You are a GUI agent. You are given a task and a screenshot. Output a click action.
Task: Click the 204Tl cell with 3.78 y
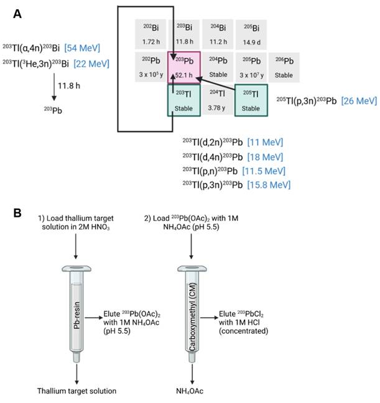click(x=218, y=100)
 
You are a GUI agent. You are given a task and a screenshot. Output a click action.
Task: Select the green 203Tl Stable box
click(x=183, y=100)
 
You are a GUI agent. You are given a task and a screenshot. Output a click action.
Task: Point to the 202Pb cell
click(x=151, y=67)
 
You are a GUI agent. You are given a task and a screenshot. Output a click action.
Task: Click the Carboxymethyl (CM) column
click(x=190, y=315)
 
